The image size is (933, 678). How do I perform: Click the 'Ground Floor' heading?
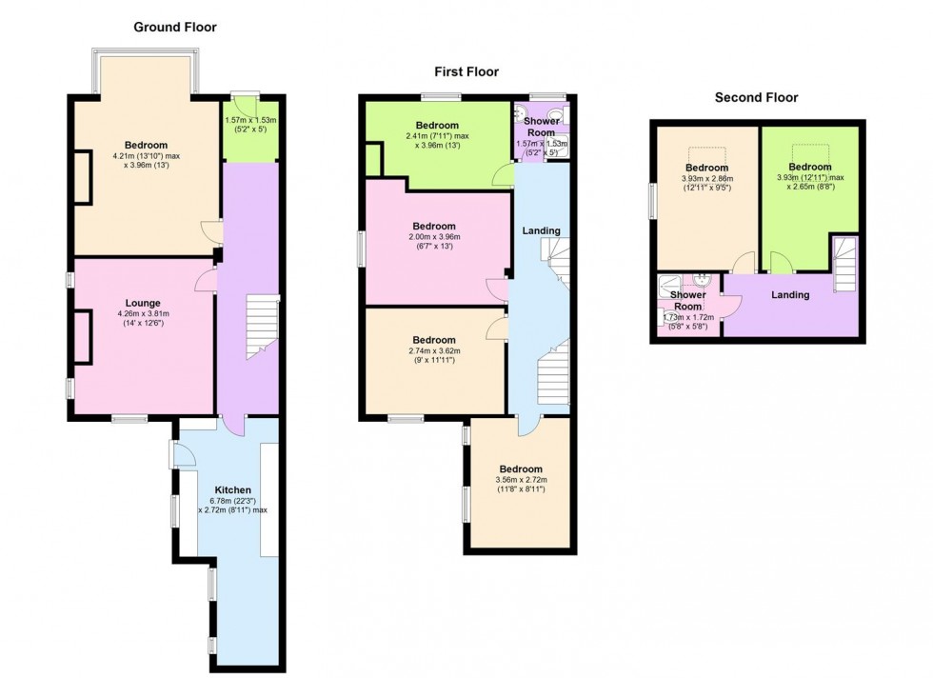click(x=174, y=27)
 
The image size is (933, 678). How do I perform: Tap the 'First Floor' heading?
click(x=466, y=71)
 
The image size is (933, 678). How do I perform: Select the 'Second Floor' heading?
click(x=756, y=97)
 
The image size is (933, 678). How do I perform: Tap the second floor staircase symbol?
click(x=844, y=266)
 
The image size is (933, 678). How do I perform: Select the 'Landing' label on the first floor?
click(x=541, y=230)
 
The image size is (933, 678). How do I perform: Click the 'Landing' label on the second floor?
click(x=790, y=295)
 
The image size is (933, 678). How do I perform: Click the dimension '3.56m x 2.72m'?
click(x=521, y=480)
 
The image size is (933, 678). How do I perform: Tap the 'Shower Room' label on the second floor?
click(x=687, y=301)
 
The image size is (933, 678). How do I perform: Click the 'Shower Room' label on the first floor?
click(x=541, y=128)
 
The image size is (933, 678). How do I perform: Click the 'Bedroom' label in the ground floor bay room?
click(x=145, y=146)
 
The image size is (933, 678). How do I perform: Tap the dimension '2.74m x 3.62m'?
click(x=433, y=351)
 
